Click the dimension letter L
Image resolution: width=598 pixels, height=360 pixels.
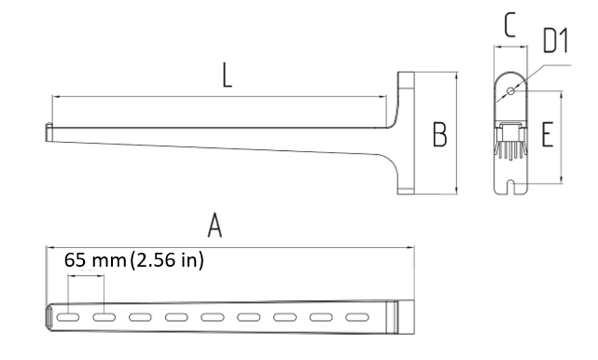(x=227, y=76)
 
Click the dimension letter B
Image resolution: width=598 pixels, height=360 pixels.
(x=439, y=134)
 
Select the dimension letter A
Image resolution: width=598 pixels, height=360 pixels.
(x=215, y=226)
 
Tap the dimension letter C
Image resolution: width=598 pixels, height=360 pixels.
(x=510, y=25)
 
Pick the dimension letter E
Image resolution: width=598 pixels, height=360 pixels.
(x=548, y=134)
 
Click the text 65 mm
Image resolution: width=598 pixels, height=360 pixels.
(x=95, y=260)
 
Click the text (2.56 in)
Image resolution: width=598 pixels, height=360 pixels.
(x=167, y=260)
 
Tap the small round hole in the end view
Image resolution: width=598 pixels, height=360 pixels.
(x=510, y=90)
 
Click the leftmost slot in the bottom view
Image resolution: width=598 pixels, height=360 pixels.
(x=68, y=317)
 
